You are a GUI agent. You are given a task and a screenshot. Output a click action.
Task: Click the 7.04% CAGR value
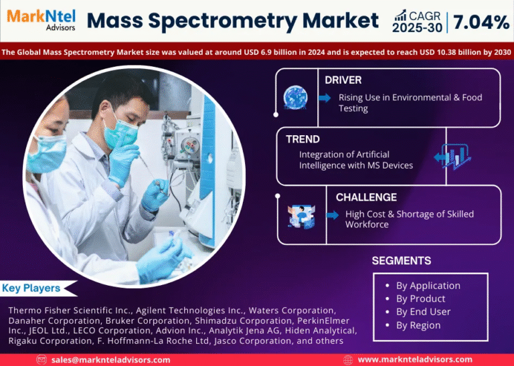tap(481, 22)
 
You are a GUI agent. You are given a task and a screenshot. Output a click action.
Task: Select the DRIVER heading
tap(343, 80)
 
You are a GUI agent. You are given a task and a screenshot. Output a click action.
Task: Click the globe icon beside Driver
tap(295, 98)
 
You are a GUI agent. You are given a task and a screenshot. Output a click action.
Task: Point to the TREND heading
tap(302, 139)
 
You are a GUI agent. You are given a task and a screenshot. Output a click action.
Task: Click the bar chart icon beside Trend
tap(455, 157)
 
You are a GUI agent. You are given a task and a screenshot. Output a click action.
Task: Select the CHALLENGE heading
tap(366, 197)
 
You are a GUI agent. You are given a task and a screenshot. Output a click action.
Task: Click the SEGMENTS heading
tap(402, 260)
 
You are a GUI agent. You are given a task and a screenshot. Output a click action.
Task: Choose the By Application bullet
tap(428, 286)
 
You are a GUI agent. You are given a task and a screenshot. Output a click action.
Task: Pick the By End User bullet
tap(423, 312)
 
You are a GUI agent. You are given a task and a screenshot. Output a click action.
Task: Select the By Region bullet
tap(418, 325)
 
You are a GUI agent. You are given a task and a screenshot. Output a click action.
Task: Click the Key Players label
tap(31, 288)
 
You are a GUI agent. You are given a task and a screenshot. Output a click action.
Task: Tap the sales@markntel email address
tap(111, 359)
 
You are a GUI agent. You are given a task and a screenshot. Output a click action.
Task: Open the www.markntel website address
tap(415, 359)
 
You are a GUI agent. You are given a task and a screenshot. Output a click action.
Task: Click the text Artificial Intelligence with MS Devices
tap(355, 160)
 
